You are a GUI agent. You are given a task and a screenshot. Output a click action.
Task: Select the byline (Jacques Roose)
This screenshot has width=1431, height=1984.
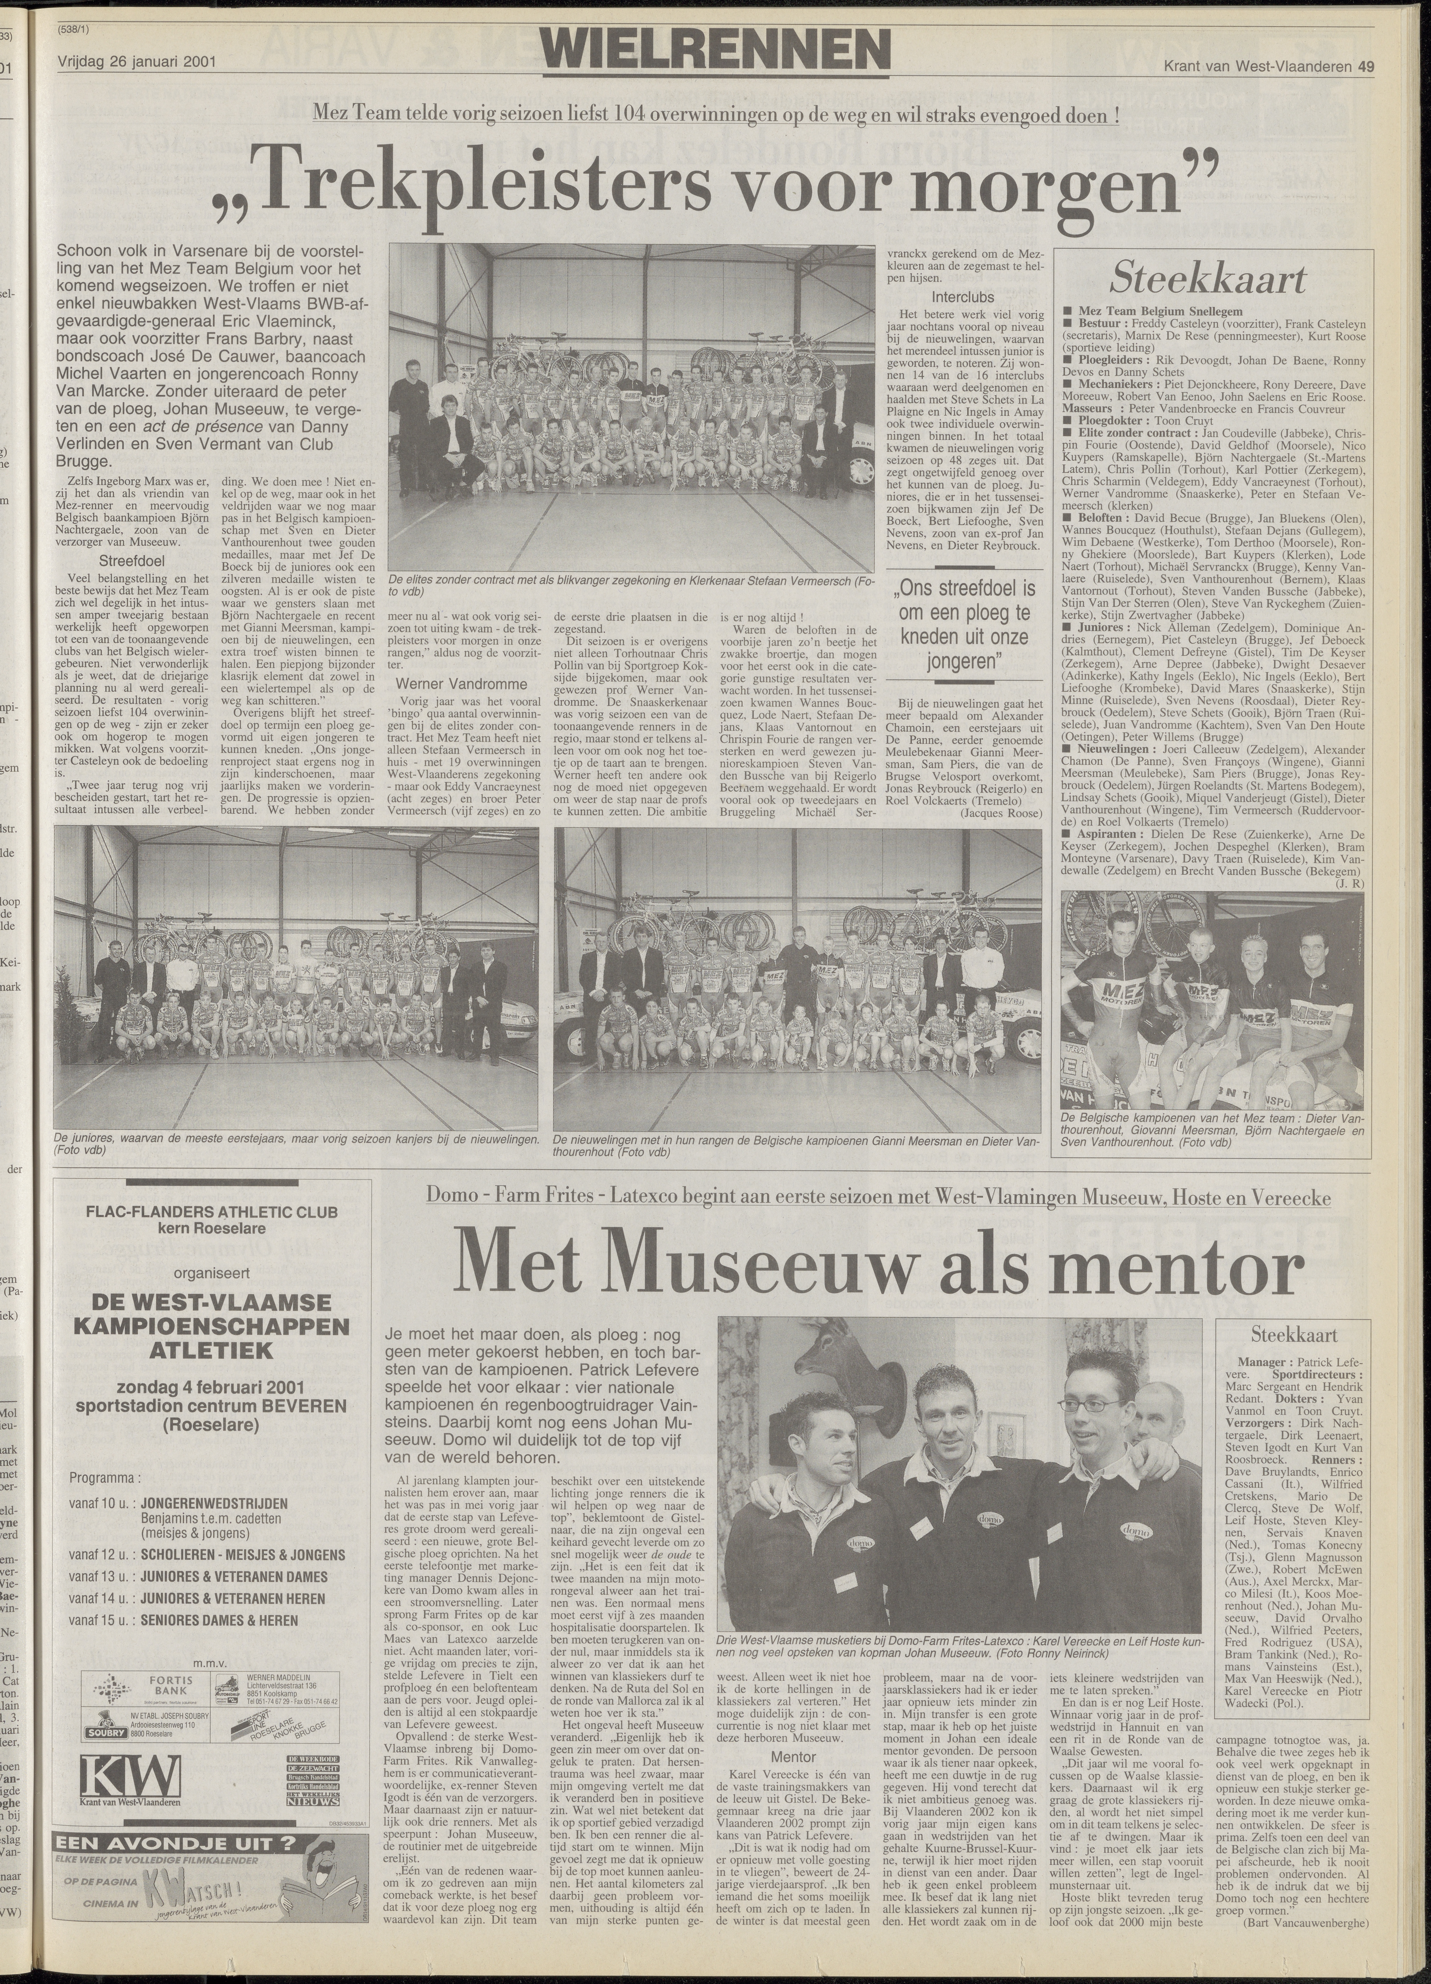click(x=1001, y=813)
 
